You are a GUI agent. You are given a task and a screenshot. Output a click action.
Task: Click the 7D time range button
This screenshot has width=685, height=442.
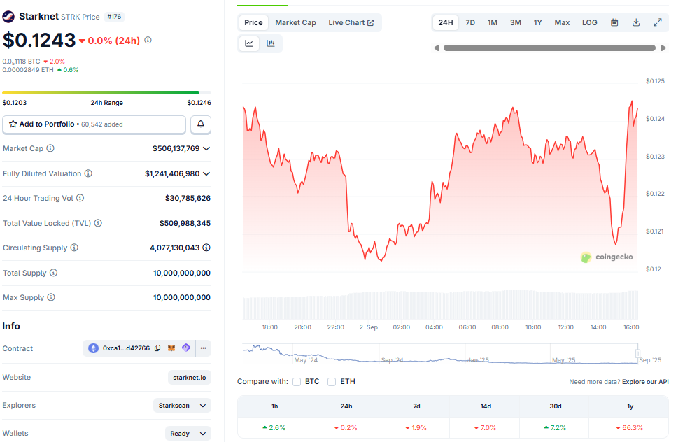click(470, 22)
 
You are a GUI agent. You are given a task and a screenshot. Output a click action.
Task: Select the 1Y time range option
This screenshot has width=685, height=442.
click(537, 22)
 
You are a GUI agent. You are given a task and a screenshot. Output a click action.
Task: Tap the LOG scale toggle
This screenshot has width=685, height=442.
click(589, 22)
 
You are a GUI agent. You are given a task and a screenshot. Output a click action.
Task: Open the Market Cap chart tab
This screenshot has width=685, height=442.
click(295, 22)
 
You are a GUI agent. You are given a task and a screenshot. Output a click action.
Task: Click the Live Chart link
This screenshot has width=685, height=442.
click(351, 22)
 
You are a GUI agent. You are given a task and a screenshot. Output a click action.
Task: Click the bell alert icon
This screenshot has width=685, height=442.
click(201, 124)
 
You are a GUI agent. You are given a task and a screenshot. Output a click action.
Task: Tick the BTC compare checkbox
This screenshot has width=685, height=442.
click(297, 382)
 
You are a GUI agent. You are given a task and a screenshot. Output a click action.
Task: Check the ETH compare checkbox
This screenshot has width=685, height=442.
click(332, 382)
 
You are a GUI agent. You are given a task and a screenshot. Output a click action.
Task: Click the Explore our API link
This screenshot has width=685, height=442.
click(645, 382)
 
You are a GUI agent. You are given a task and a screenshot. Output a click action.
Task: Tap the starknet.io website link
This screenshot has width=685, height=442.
click(189, 378)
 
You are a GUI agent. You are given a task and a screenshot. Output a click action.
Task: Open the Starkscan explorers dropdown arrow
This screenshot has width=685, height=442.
click(203, 406)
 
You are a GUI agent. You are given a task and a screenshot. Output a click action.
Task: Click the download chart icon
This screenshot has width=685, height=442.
click(636, 22)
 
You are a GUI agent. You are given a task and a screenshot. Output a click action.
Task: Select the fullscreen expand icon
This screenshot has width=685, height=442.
click(658, 22)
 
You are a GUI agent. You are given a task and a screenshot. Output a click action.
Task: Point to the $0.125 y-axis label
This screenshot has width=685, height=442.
click(655, 81)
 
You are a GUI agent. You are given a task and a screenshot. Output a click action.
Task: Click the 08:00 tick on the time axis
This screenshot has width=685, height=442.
click(500, 327)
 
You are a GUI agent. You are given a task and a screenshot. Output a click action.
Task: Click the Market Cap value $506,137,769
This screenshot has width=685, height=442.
click(176, 148)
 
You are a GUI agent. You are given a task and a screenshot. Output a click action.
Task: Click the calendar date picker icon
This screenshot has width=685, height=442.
click(614, 22)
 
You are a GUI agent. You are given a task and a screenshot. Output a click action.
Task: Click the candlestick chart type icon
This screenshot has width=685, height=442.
click(271, 43)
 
